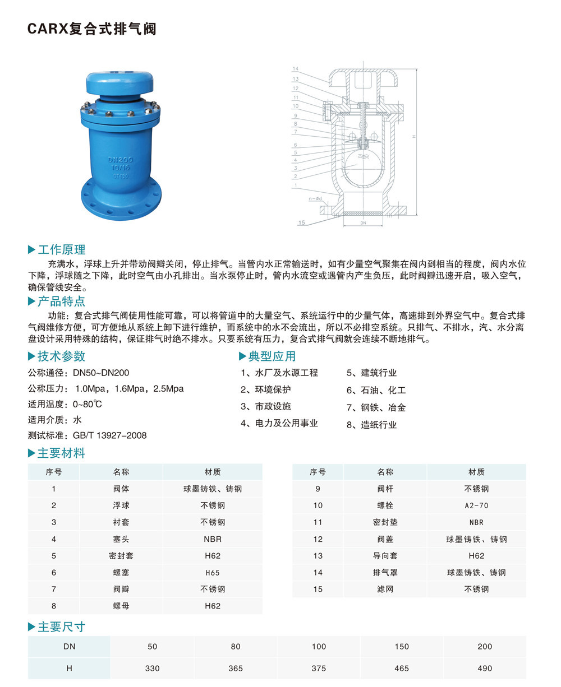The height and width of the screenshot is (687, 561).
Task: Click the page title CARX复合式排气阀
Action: coord(92,29)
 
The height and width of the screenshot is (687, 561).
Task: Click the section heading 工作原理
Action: coord(61,250)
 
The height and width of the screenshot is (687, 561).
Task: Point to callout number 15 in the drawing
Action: coord(302,222)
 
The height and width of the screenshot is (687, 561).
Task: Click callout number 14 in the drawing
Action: coord(295,69)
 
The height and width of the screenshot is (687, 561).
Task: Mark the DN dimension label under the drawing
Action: coord(364,222)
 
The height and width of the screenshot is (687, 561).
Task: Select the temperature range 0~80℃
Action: coord(88,404)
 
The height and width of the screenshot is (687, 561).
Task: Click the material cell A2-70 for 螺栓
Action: coord(476,505)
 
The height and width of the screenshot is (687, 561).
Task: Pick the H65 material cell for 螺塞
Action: coord(213,573)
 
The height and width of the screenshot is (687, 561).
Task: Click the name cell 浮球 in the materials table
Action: coord(121,505)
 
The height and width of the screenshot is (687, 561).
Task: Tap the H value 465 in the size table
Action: coord(402,669)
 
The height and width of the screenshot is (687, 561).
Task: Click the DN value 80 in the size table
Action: coord(236,647)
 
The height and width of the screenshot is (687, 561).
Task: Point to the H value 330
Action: coord(153,669)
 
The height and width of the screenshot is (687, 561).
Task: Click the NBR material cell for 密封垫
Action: coord(476,522)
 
